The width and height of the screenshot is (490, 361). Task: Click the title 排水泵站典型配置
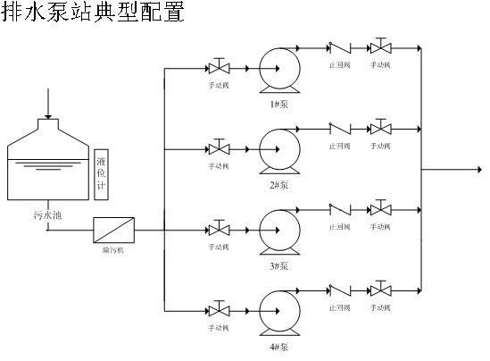(93, 14)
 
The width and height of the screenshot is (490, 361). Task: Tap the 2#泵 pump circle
(278, 147)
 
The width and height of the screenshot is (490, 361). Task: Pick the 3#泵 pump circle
(278, 229)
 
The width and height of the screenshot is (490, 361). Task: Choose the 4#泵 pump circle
(278, 309)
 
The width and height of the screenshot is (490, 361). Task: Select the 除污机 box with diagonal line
(113, 231)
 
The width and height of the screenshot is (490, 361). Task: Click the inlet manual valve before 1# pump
(218, 68)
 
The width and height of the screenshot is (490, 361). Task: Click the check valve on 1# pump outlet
(339, 47)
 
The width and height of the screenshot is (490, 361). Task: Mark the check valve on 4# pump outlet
(339, 290)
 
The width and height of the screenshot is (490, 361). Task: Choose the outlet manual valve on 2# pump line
(382, 128)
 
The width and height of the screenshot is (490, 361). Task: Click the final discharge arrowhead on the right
(479, 168)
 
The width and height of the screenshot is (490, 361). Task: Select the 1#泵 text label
(278, 104)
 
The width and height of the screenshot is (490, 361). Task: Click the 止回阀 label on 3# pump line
(339, 228)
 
